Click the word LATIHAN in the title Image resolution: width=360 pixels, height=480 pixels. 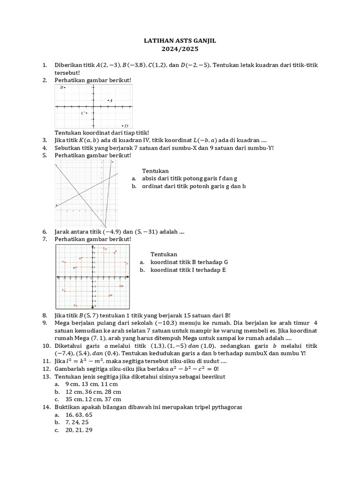[x=158, y=41]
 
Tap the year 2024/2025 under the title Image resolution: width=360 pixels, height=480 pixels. [x=180, y=49]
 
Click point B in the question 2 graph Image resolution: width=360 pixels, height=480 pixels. [x=65, y=88]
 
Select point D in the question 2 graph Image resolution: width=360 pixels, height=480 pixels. [x=122, y=125]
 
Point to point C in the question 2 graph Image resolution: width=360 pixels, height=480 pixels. [x=86, y=113]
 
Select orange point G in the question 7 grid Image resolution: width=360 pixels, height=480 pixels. [x=121, y=286]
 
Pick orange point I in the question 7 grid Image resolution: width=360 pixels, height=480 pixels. [x=64, y=290]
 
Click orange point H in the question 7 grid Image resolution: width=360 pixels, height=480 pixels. [x=109, y=295]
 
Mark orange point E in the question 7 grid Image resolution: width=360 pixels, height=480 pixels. [x=115, y=252]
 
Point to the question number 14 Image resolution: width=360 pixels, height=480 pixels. [x=46, y=407]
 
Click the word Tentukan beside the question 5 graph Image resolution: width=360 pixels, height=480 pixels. [x=155, y=171]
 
